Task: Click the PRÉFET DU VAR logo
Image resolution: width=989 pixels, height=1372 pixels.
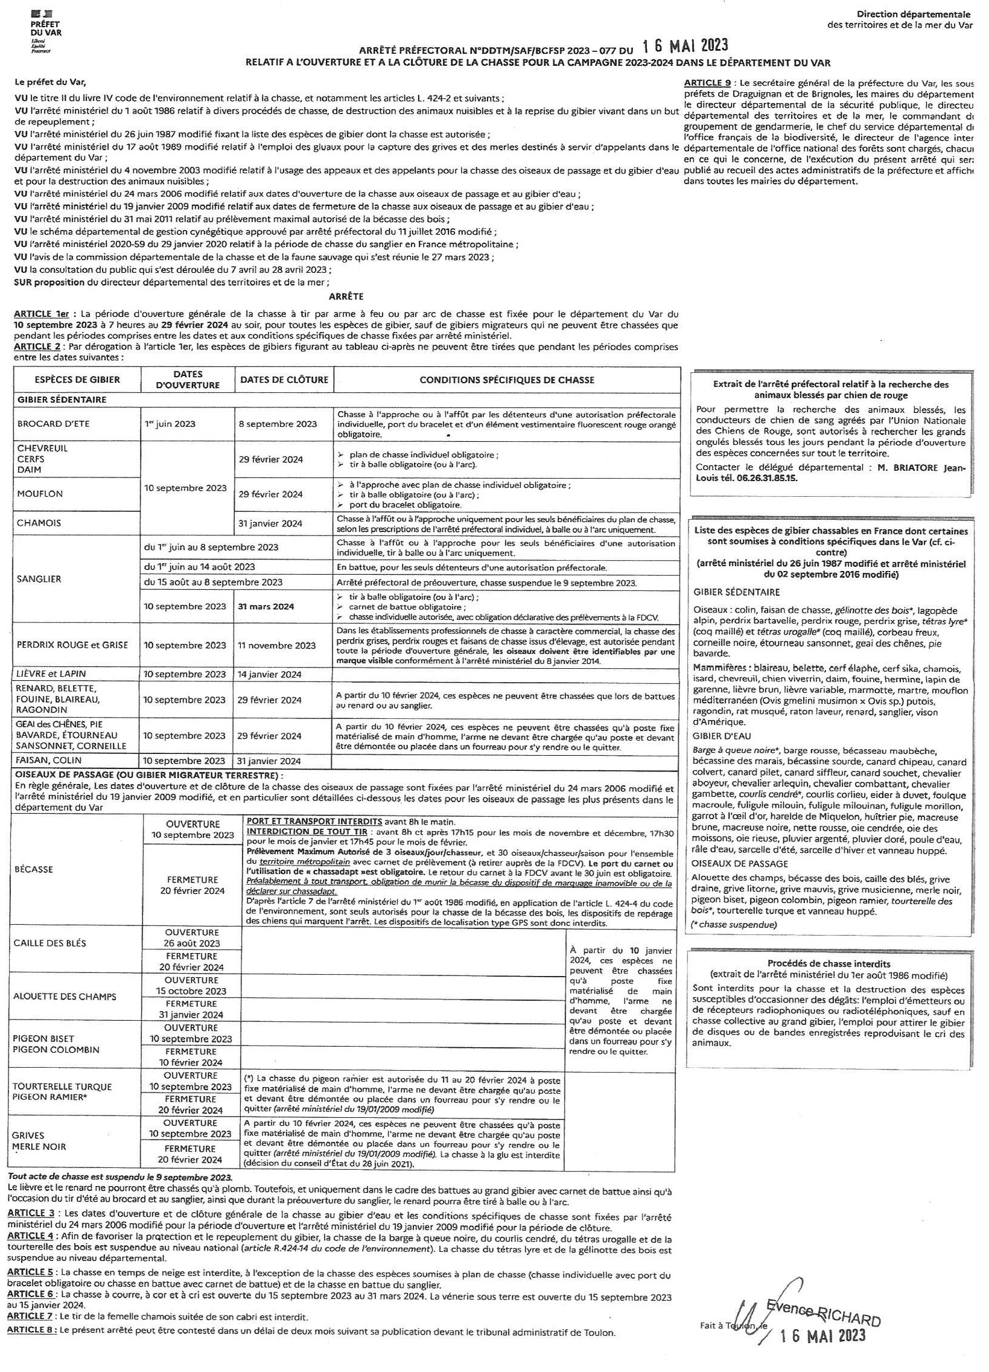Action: point(45,28)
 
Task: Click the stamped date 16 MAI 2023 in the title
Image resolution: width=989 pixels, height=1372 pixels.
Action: point(685,46)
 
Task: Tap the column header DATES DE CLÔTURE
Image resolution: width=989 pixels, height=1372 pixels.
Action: point(284,380)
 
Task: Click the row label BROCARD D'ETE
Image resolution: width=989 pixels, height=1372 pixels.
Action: point(53,424)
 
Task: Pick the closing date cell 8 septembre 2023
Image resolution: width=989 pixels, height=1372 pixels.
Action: point(278,424)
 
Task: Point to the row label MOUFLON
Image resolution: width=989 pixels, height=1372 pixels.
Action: point(40,494)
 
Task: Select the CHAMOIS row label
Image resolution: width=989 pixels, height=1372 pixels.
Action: point(39,523)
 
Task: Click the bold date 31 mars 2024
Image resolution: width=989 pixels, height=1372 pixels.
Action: point(266,606)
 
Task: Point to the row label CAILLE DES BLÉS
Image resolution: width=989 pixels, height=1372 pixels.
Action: point(49,943)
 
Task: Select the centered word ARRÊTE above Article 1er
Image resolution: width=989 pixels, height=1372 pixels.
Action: point(346,296)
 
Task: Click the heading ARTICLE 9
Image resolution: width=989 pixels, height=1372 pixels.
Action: point(708,83)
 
